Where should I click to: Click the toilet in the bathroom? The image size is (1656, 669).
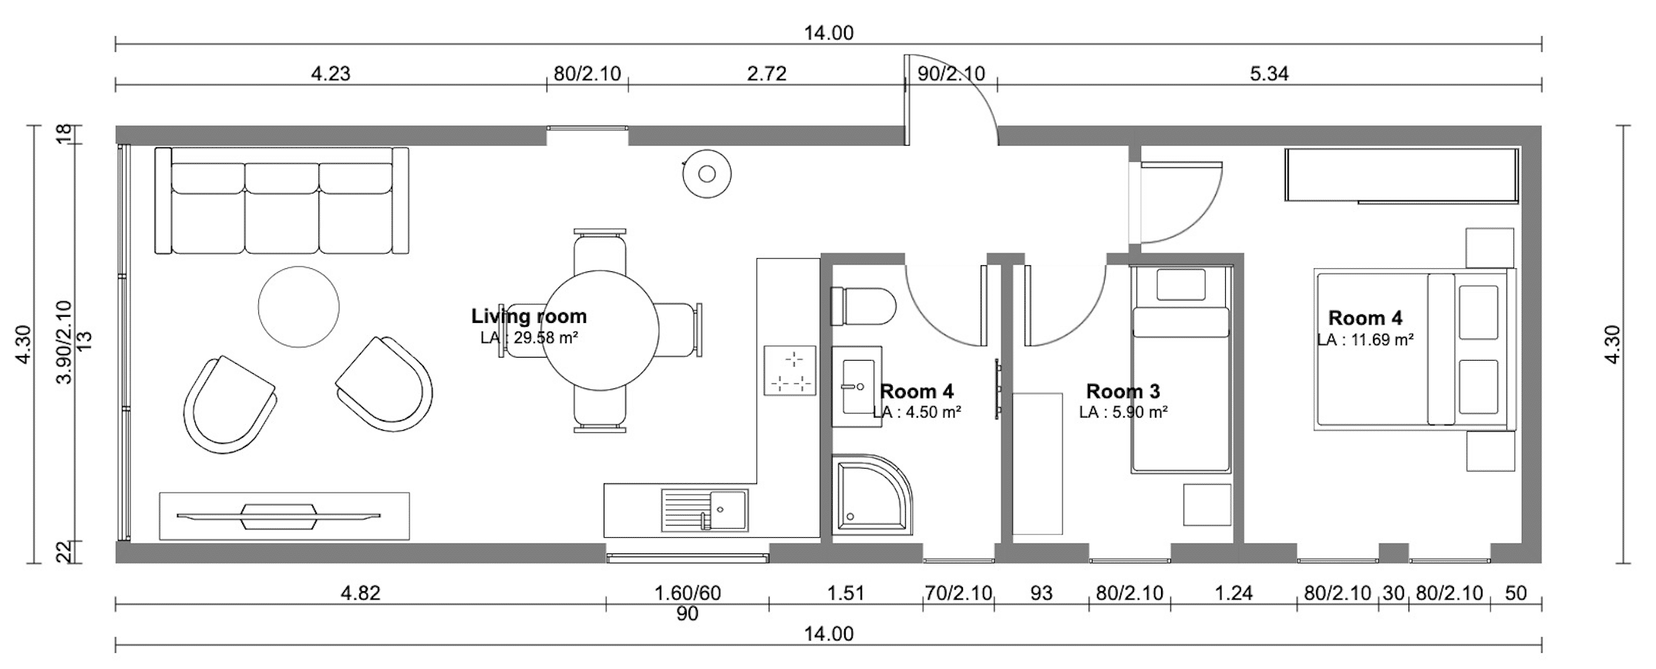click(863, 307)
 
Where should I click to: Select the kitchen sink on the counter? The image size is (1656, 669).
click(705, 509)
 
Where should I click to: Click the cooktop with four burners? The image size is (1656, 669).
click(789, 371)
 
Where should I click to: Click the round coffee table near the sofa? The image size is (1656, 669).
click(298, 307)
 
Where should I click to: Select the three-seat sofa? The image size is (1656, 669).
click(281, 200)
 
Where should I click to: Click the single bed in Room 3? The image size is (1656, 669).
click(1180, 368)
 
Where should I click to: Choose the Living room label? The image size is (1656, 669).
click(529, 316)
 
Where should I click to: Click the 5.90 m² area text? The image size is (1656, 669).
click(1123, 412)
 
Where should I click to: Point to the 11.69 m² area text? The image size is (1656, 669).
click(1365, 339)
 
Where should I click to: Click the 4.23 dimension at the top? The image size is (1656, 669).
click(330, 73)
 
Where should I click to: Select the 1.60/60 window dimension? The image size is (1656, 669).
click(688, 593)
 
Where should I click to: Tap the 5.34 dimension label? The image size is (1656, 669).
click(1269, 73)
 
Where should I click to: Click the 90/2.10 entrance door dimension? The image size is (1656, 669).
click(951, 73)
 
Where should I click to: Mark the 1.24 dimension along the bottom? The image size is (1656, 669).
click(1233, 593)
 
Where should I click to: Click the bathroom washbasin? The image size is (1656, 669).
click(857, 386)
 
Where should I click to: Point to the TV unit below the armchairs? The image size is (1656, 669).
click(284, 516)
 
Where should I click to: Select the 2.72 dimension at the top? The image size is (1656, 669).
click(766, 73)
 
